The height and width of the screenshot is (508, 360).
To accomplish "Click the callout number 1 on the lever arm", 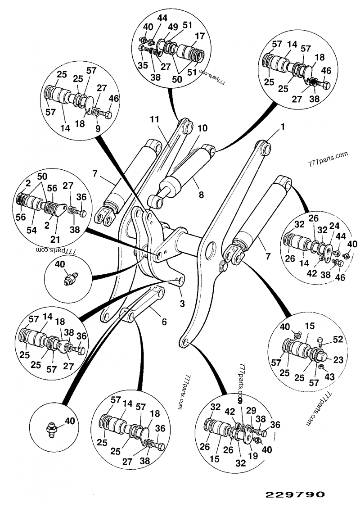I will click(283, 127).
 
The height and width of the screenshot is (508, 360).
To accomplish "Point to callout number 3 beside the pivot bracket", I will click(182, 304).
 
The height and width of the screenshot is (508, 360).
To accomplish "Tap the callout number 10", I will click(202, 128).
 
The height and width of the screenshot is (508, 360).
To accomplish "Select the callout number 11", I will click(154, 120).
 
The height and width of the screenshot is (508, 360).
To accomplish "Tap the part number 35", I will click(143, 65).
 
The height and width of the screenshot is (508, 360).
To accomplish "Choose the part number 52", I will click(338, 339).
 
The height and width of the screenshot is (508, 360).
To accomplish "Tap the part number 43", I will click(329, 376).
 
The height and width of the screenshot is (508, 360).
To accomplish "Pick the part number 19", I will click(252, 455).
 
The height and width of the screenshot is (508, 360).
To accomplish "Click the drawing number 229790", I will click(295, 494).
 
